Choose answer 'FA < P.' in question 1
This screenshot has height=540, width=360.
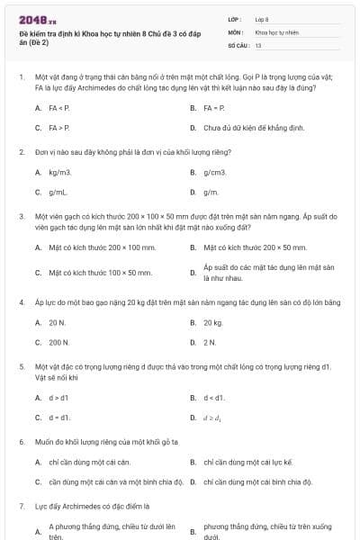(x=58, y=107)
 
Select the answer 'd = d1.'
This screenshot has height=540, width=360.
(x=58, y=418)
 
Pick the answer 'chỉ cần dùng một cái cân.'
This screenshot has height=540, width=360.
(x=89, y=461)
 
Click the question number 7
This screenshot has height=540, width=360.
(x=21, y=507)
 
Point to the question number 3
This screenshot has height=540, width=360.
(x=21, y=217)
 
